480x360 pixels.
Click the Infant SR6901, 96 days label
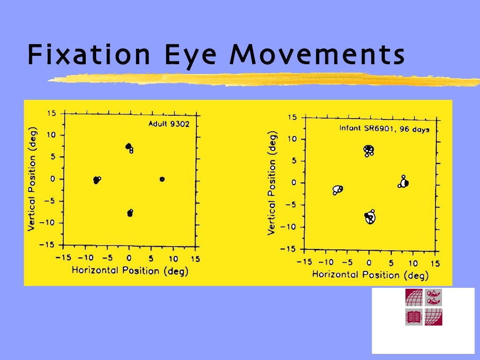tap(384, 128)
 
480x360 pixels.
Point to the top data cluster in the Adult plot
tap(129, 147)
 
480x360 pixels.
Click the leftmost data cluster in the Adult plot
tap(96, 180)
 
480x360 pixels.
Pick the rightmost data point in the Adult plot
tap(162, 179)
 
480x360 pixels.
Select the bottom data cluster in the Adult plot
tap(130, 213)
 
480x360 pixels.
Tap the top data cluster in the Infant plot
tap(369, 150)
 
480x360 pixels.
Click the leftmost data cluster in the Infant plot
tap(337, 189)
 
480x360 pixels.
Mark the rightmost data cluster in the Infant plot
tap(404, 183)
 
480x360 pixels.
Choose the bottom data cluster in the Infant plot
tap(370, 217)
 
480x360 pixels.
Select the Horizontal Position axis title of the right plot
tap(369, 274)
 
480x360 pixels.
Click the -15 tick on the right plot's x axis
tap(305, 262)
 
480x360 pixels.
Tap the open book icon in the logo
tap(414, 317)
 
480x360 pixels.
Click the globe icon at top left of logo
tap(414, 297)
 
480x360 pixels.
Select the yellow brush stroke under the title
tap(262, 80)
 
